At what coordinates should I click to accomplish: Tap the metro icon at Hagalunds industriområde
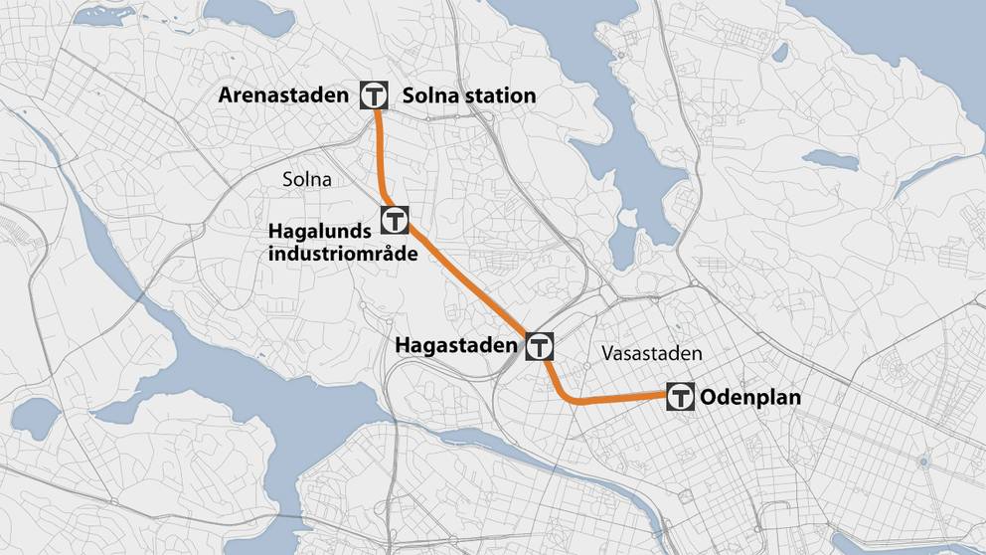[x=395, y=219]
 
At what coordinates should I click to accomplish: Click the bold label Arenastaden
[x=284, y=96]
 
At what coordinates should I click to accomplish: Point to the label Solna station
[x=468, y=96]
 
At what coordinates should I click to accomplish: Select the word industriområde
[x=342, y=254]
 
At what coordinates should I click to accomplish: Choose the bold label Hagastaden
[x=458, y=346]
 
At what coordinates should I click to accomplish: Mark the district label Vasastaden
[x=651, y=353]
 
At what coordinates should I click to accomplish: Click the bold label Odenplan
[x=750, y=397]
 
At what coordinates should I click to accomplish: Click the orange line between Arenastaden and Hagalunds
[x=381, y=159]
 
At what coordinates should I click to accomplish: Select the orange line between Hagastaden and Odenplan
[x=616, y=399]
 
